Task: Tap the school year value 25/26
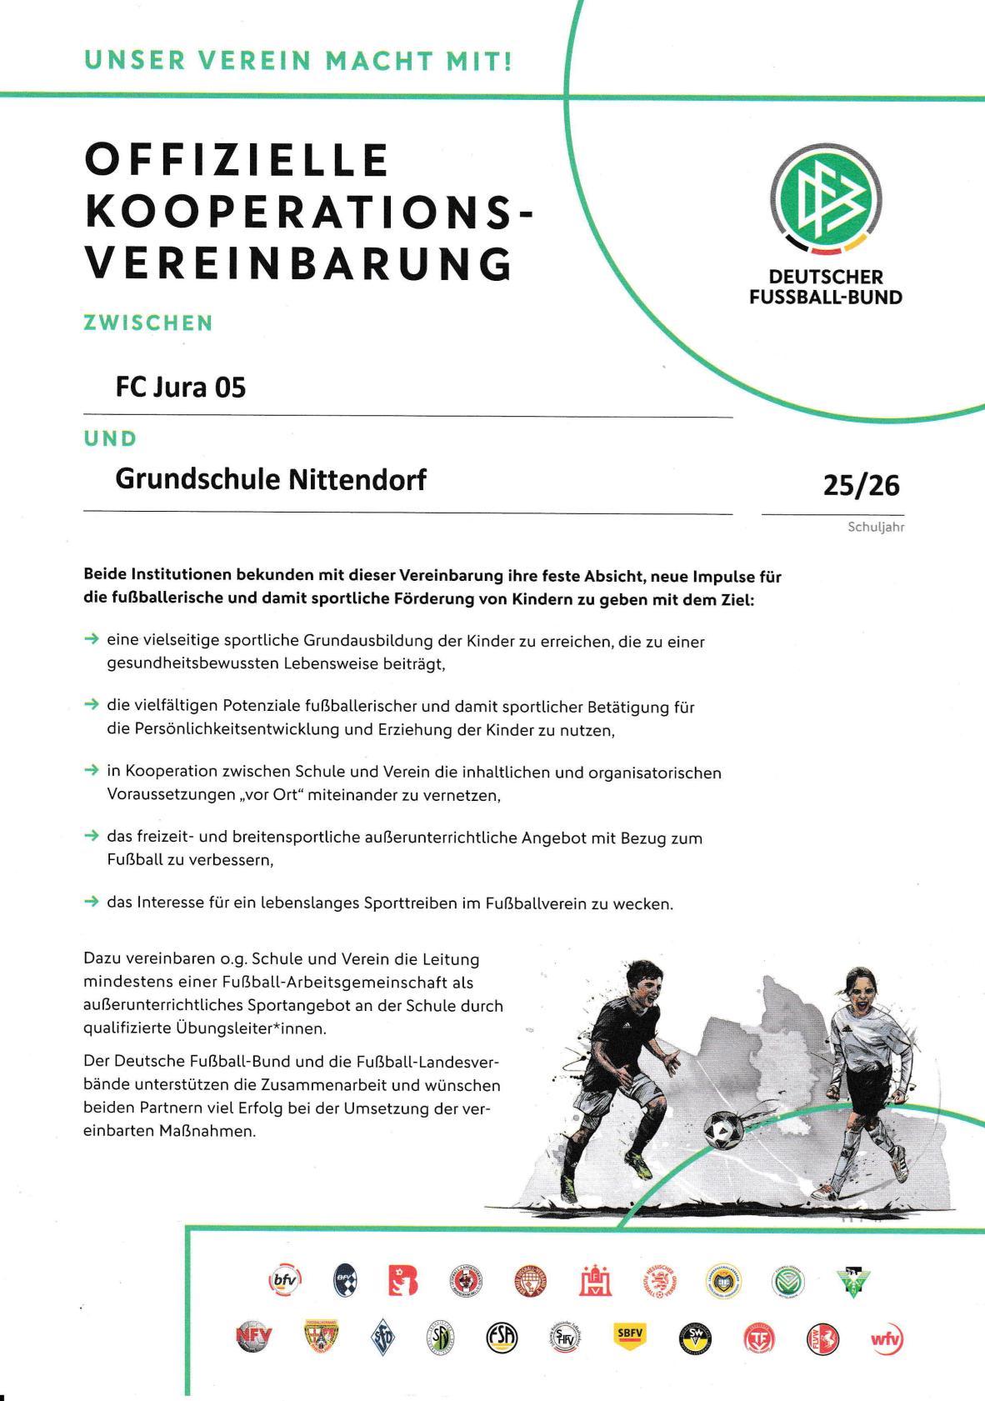[861, 485]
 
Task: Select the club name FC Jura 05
[181, 388]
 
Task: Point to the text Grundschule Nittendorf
[271, 479]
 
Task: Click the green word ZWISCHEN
[148, 323]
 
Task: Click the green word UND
[110, 438]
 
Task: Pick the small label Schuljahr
[876, 527]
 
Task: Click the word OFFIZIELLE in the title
[237, 160]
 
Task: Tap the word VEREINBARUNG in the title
[299, 263]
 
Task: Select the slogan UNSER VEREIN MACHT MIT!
[298, 61]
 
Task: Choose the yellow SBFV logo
[630, 1333]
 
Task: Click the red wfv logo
[887, 1339]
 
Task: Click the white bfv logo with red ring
[284, 1280]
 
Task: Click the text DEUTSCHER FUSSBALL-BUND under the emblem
[825, 287]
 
